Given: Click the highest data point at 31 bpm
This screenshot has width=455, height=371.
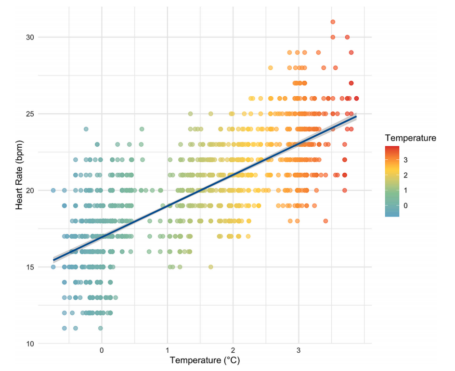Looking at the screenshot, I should (x=333, y=22).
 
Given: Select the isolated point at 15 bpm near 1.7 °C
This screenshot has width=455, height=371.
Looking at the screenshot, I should (x=210, y=267).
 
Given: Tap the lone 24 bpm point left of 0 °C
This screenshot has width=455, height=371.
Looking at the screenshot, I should (x=86, y=129).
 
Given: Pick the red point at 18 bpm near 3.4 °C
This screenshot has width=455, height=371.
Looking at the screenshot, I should (x=325, y=221).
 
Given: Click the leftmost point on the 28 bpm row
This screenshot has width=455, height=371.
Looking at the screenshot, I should (x=271, y=68).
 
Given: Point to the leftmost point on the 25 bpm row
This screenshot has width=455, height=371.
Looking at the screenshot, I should (x=190, y=114).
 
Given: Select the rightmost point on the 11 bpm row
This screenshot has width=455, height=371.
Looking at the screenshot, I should (x=101, y=328).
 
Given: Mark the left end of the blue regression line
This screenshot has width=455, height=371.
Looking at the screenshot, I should (x=54, y=260).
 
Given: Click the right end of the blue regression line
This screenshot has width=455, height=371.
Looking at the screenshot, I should (x=356, y=116).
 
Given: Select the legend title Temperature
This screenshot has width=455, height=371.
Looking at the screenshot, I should (x=411, y=138).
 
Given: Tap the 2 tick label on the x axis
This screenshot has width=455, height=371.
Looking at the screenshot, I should (x=233, y=350).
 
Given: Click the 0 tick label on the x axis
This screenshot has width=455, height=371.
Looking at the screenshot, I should (x=102, y=350).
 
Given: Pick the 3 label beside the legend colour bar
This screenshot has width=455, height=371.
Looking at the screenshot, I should (x=404, y=159).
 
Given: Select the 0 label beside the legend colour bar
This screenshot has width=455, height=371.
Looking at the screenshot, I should (x=404, y=205).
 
